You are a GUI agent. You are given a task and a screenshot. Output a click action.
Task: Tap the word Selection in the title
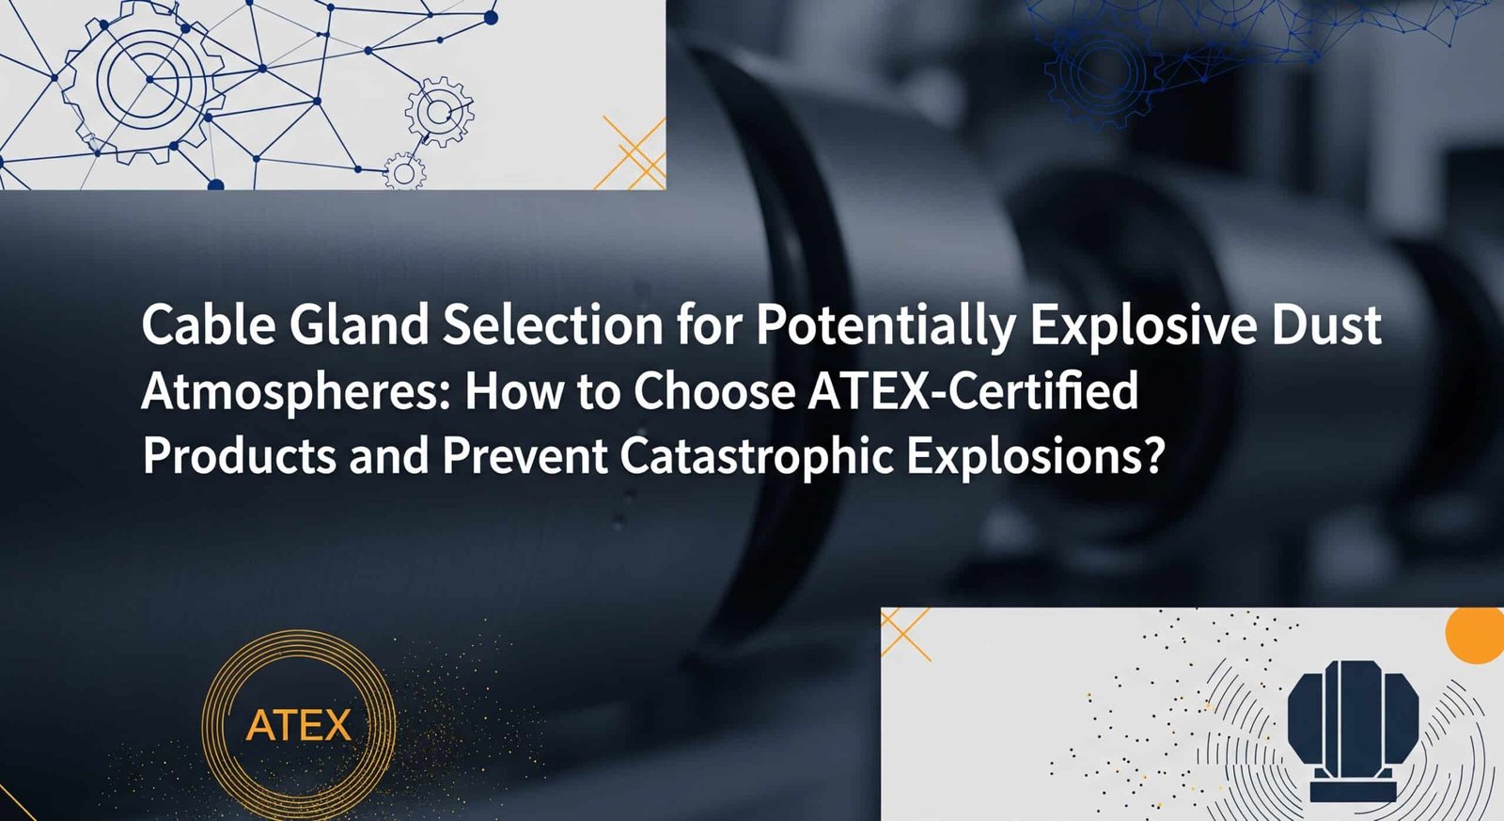tap(553, 325)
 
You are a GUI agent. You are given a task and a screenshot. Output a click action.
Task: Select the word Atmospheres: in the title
tap(297, 392)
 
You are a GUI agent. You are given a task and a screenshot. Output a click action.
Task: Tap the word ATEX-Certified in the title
tap(973, 391)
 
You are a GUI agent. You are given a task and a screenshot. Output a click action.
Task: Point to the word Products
tap(240, 456)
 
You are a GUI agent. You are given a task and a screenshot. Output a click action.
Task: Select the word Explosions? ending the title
tap(1035, 457)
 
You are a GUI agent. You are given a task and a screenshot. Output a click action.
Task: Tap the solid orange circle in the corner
tap(1476, 635)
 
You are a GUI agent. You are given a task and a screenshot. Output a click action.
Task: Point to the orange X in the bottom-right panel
tap(904, 632)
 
